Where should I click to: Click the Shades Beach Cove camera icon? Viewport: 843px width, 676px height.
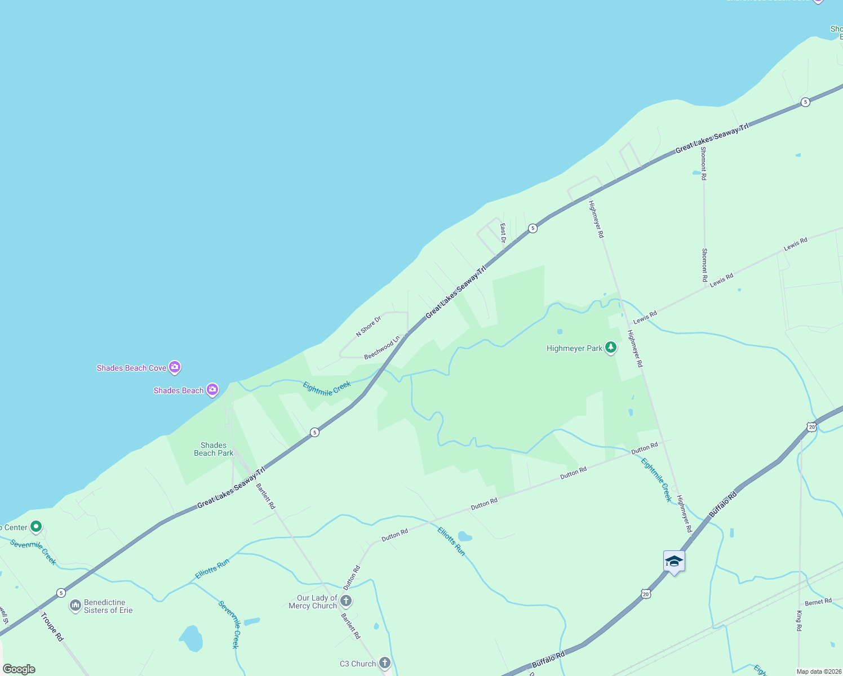tap(175, 368)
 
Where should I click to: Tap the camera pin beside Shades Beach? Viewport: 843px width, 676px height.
tap(212, 390)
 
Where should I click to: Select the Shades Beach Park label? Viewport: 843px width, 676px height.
tap(214, 449)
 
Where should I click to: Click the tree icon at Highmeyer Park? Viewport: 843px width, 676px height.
tap(611, 348)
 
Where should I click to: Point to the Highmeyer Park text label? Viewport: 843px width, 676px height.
tap(574, 348)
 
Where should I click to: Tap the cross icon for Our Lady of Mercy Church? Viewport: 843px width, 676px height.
tap(346, 601)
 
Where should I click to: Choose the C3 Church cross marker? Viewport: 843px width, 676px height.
tap(385, 663)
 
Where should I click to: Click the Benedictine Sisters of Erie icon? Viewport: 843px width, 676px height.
tap(76, 606)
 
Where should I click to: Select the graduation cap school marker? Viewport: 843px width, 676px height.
tap(674, 562)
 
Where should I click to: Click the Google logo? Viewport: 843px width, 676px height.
tap(19, 669)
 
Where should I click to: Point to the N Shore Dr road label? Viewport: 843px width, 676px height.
tap(369, 326)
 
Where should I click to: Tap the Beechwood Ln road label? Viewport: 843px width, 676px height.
tap(381, 348)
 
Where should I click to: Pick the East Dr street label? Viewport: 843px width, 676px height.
tap(503, 233)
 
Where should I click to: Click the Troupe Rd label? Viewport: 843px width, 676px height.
tap(51, 626)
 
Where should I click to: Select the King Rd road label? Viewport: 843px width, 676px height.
tap(799, 620)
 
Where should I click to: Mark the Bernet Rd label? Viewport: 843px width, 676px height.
tap(818, 602)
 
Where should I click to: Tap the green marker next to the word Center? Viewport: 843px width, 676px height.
tap(36, 527)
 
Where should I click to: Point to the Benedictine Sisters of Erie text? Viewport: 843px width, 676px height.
tap(108, 606)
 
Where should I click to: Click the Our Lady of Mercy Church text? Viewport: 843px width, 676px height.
tap(313, 602)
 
